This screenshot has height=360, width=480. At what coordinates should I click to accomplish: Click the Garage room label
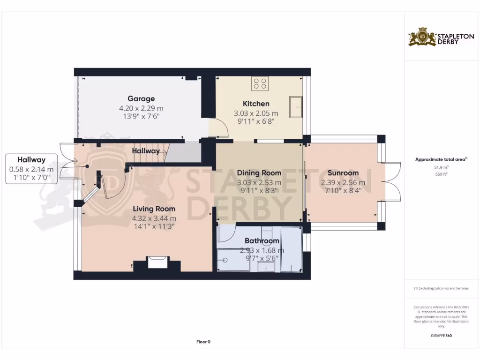141,99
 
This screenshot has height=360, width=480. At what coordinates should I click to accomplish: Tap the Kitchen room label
256,104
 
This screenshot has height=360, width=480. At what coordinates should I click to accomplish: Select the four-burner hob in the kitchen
260,84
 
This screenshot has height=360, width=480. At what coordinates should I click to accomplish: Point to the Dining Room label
259,173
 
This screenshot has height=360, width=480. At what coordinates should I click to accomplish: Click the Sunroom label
343,173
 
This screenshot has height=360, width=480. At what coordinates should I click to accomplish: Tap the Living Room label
154,209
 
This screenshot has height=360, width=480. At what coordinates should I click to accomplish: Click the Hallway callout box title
31,160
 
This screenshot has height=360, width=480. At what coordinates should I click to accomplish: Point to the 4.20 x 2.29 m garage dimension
141,108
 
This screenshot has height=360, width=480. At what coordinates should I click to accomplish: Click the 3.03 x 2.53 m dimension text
259,182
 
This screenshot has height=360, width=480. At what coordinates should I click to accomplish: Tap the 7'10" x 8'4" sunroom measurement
343,191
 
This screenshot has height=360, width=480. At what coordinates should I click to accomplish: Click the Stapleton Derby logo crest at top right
422,37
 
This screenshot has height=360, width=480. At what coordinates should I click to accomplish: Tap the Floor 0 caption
203,342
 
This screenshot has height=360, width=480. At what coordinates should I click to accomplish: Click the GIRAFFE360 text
441,336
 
